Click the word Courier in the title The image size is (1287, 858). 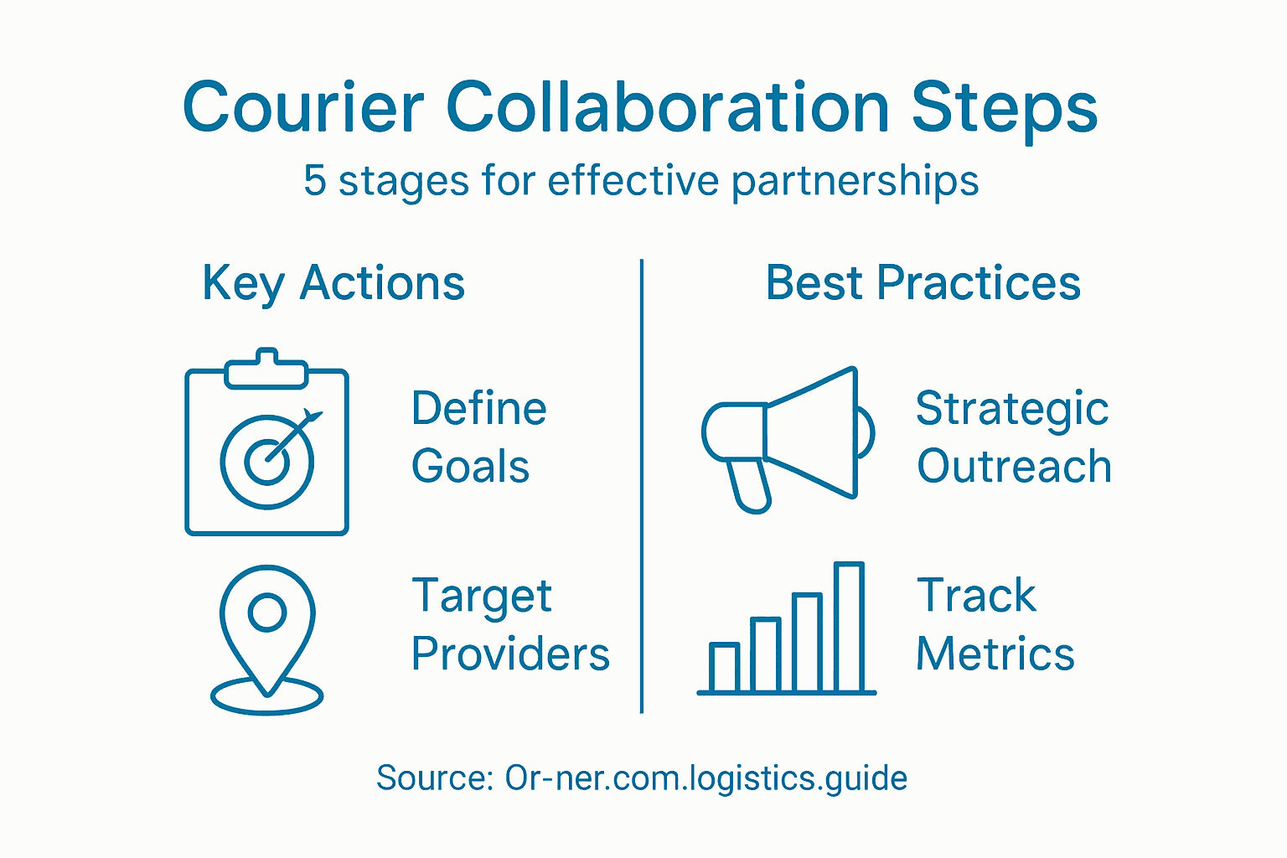click(303, 108)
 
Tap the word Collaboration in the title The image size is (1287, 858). click(667, 108)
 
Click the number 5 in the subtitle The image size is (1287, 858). click(314, 181)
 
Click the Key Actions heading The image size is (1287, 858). click(333, 283)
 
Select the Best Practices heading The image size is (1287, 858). click(923, 283)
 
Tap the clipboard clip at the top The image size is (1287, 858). click(266, 369)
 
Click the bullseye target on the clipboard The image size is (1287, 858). click(267, 462)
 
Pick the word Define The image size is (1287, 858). click(479, 409)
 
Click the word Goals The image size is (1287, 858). click(470, 467)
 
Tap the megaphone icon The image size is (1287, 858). click(788, 436)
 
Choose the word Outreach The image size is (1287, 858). click(1014, 467)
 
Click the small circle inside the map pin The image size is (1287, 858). click(267, 612)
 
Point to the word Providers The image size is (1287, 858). click(510, 654)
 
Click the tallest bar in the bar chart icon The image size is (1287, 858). click(849, 628)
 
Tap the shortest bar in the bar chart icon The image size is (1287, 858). click(724, 667)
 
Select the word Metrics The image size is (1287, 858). click(995, 654)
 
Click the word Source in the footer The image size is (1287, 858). click(433, 778)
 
